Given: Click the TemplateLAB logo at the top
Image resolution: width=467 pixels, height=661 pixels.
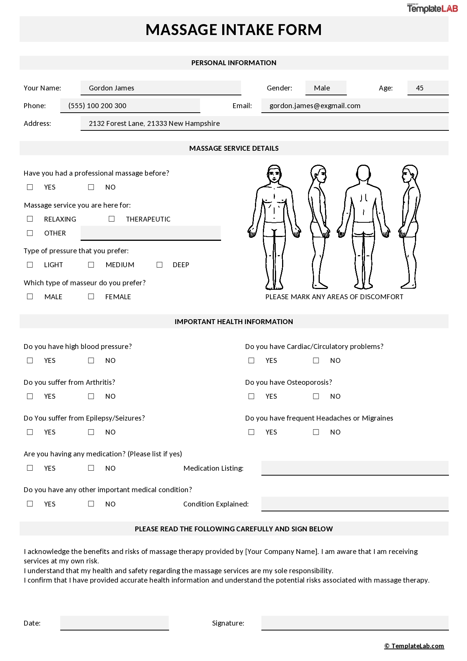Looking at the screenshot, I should tap(432, 8).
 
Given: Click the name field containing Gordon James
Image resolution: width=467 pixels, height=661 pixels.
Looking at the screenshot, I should tap(160, 88).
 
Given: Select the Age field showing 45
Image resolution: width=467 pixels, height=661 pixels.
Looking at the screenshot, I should tap(427, 88).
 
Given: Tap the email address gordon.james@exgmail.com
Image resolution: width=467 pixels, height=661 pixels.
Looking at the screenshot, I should tap(315, 106).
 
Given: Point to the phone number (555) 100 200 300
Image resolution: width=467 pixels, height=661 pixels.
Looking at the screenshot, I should tap(97, 106).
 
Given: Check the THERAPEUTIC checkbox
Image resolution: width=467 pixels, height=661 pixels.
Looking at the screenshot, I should tap(111, 219).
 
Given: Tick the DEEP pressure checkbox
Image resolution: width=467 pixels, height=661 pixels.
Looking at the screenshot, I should tap(159, 265).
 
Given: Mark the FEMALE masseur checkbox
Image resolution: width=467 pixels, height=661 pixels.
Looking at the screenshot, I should tap(91, 297).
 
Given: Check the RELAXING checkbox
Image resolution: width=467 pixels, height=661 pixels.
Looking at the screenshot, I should tap(30, 219).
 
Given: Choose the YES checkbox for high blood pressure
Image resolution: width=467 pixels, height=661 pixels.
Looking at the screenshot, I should tap(30, 361).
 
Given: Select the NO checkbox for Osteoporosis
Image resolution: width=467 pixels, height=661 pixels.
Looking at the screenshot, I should tap(316, 396).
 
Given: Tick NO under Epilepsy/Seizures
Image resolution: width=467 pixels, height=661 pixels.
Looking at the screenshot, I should tap(91, 432).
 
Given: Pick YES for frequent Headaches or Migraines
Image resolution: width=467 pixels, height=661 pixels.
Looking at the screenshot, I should tap(251, 432).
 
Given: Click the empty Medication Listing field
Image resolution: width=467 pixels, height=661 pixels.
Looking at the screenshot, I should tap(355, 468).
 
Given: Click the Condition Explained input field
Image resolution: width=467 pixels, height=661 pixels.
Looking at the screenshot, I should tap(355, 504).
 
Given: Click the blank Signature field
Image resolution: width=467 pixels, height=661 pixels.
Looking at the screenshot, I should tap(355, 623).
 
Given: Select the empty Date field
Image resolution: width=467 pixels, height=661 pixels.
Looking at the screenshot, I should tap(114, 623).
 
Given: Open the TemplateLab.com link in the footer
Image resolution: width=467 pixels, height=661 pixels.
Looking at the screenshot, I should tap(414, 646).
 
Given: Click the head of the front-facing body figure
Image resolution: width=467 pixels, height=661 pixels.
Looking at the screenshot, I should tap(274, 174).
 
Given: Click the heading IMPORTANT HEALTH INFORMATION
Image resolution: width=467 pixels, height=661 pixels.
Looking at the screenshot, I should tap(233, 321).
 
